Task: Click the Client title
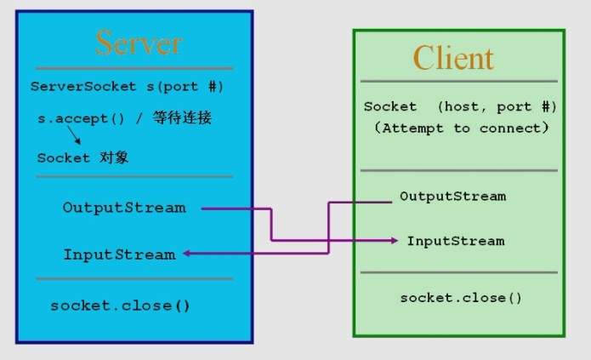pyautogui.click(x=452, y=58)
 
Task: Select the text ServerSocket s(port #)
pyautogui.click(x=127, y=87)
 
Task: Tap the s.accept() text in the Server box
pyautogui.click(x=73, y=119)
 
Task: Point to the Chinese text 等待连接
pyautogui.click(x=182, y=118)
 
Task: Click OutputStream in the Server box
pyautogui.click(x=123, y=208)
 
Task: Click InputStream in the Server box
pyautogui.click(x=119, y=254)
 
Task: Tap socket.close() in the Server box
pyautogui.click(x=120, y=305)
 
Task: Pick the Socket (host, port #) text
pyautogui.click(x=460, y=107)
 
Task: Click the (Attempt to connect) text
pyautogui.click(x=460, y=128)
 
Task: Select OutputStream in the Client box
pyautogui.click(x=452, y=197)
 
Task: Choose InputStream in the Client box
pyautogui.click(x=455, y=241)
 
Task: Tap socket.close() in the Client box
pyautogui.click(x=460, y=297)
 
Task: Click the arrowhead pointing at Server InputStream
pyautogui.click(x=187, y=254)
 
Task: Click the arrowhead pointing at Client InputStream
pyautogui.click(x=394, y=241)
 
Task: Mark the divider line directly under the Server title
pyautogui.click(x=134, y=68)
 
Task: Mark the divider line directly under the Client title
pyautogui.click(x=458, y=82)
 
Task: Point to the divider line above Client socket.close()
pyautogui.click(x=458, y=272)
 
